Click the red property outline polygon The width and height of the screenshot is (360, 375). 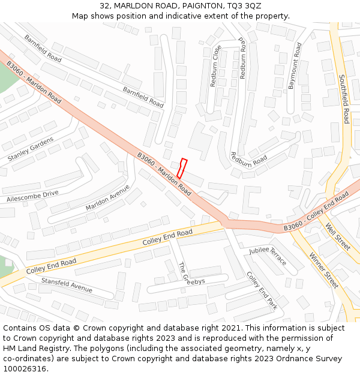181,168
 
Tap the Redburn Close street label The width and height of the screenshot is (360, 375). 215,66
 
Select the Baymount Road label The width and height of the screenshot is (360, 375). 295,66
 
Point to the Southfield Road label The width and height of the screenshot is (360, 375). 344,99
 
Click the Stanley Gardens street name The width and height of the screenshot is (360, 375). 31,149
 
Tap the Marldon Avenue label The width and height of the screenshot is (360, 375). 107,197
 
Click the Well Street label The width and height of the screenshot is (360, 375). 337,237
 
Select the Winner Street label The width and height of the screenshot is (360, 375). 324,270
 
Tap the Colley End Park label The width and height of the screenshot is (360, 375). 262,291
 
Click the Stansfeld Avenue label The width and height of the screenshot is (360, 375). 67,284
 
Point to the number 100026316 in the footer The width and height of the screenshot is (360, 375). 25,369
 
